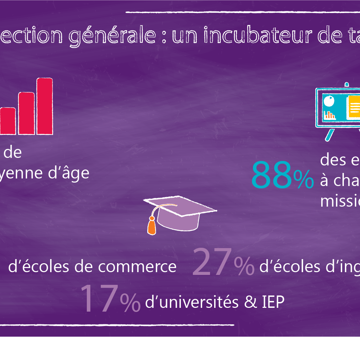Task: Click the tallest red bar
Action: (x=45, y=106)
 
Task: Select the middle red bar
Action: (x=26, y=113)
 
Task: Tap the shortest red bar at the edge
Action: (x=8, y=121)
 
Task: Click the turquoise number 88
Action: (x=271, y=175)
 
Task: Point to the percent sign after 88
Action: (x=304, y=179)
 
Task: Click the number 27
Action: (x=212, y=263)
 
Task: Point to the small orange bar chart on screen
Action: (x=330, y=115)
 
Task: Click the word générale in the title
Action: (x=112, y=36)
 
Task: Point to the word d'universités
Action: (x=192, y=302)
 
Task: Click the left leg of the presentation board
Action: (x=330, y=135)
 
